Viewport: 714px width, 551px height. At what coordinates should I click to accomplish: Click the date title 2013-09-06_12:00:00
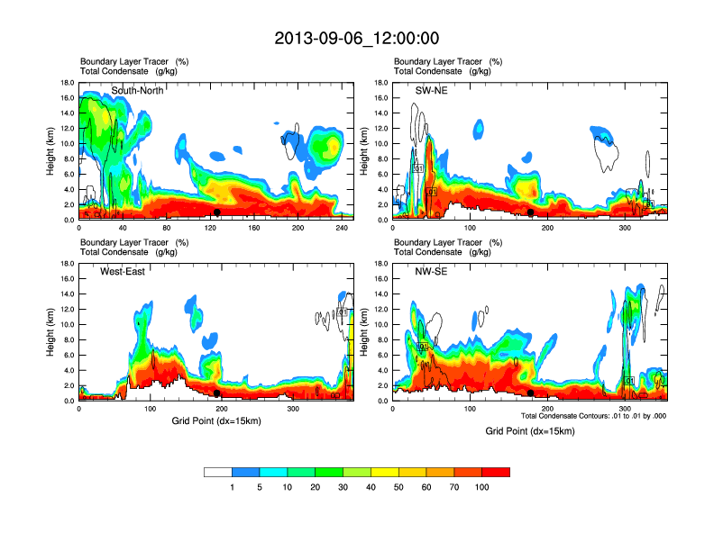[x=357, y=39]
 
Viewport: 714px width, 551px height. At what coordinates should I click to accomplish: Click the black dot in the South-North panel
[x=217, y=212]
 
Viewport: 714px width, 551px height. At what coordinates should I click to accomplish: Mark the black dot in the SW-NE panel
[x=531, y=212]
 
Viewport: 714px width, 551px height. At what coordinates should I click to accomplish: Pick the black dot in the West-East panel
[x=217, y=393]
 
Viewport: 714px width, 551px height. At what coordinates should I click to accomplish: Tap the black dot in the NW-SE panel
[x=531, y=393]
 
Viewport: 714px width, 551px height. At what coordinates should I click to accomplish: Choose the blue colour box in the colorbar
[x=245, y=472]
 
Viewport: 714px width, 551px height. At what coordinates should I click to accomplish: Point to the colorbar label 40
[x=371, y=487]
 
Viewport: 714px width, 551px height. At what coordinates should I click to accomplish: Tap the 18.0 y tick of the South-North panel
[x=67, y=83]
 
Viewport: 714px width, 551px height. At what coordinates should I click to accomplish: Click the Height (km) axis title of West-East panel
[x=50, y=332]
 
